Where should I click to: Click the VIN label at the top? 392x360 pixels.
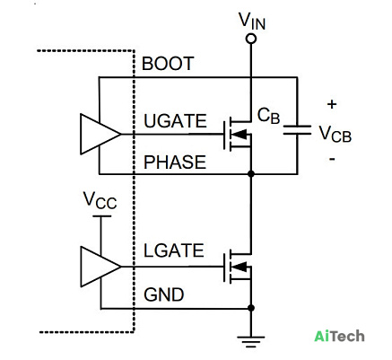click(252, 21)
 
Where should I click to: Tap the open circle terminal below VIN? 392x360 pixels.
click(251, 39)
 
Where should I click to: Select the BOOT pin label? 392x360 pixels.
click(168, 64)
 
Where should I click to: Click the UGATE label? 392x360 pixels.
click(175, 121)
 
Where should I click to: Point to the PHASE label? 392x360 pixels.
click(175, 162)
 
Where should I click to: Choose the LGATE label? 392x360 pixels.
click(174, 250)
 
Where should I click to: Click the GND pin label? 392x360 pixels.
click(164, 294)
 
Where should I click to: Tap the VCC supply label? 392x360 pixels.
click(100, 200)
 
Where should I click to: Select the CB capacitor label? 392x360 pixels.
click(268, 116)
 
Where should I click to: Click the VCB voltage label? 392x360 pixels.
click(335, 134)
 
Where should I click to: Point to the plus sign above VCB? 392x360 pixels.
click(332, 104)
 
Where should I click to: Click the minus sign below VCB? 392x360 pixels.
click(332, 158)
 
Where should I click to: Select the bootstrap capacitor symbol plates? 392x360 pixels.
click(297, 130)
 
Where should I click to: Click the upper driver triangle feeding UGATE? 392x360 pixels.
click(100, 134)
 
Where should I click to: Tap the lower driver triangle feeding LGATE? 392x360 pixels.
click(100, 267)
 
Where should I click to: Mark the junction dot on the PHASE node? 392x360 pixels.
click(251, 173)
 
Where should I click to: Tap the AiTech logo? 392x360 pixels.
click(339, 336)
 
